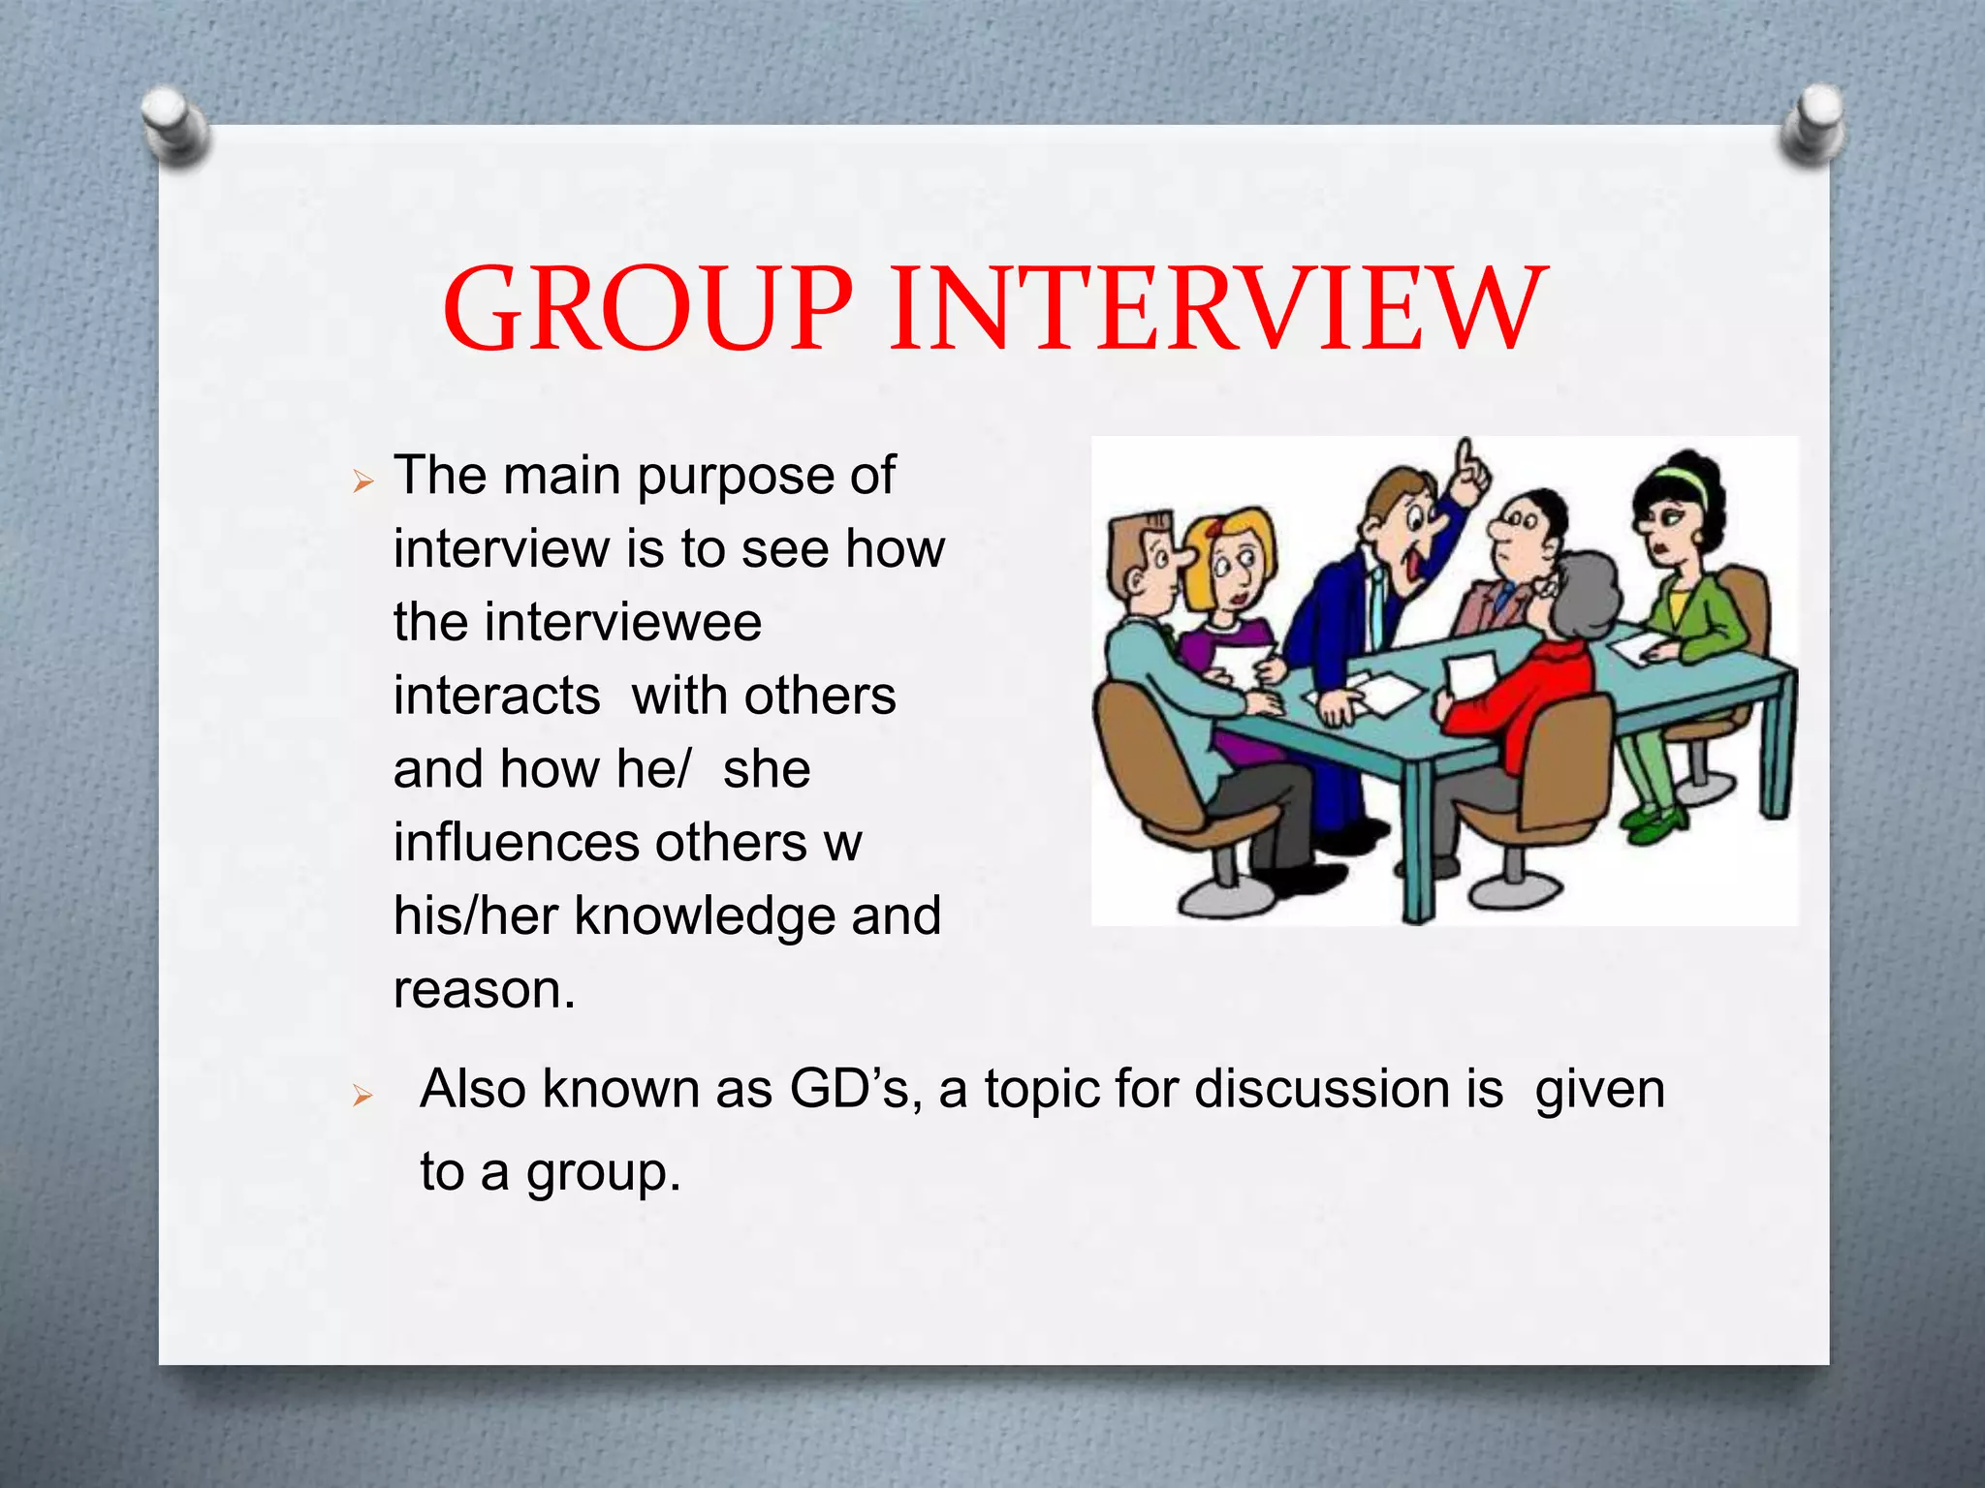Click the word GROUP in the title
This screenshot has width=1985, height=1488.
[x=647, y=308]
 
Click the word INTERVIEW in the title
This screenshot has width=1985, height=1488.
[x=1217, y=308]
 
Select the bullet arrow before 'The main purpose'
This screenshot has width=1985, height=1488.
[x=363, y=480]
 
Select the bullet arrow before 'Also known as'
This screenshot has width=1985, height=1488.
[x=363, y=1096]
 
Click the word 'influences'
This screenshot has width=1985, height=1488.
[x=516, y=842]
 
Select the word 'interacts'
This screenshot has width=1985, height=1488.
[x=497, y=696]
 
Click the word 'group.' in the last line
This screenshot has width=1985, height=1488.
[x=603, y=1172]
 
